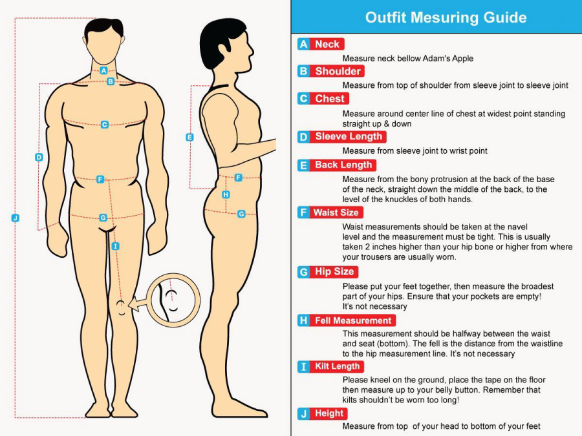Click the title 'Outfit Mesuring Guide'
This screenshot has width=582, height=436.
[446, 17]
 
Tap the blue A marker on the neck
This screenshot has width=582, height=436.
[103, 70]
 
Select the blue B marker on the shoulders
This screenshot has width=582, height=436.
[111, 81]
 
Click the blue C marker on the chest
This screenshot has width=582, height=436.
[105, 125]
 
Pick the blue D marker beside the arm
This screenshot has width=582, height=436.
[39, 157]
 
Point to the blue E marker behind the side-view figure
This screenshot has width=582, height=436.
[189, 137]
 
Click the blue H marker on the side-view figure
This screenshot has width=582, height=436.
[226, 194]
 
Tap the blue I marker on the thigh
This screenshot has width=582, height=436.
[116, 246]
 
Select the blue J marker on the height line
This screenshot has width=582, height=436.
[16, 218]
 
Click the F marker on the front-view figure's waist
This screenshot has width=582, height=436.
[100, 180]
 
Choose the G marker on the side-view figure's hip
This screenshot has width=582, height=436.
[241, 214]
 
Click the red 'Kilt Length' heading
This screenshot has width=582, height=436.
[337, 366]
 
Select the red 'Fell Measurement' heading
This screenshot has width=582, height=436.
[353, 320]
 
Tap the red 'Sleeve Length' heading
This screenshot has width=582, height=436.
[349, 136]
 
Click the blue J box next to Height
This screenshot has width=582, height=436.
[304, 413]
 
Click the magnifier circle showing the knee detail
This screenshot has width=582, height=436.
[173, 275]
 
